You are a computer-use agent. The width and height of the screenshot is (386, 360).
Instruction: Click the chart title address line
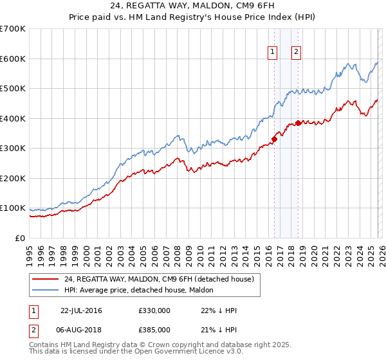pos(192,6)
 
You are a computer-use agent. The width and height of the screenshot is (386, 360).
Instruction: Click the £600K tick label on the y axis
pos(13,59)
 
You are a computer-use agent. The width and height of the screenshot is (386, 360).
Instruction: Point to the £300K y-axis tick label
pos(13,148)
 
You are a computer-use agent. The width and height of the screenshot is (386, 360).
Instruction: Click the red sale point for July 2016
pos(274,138)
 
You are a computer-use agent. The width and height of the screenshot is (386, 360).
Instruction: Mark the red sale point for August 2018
pos(298,122)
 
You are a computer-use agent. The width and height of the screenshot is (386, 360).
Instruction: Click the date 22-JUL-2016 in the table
pos(81,310)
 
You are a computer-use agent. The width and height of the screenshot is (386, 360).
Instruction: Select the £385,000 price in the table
pos(154,329)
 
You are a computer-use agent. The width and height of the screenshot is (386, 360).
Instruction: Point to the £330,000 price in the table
pos(154,310)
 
